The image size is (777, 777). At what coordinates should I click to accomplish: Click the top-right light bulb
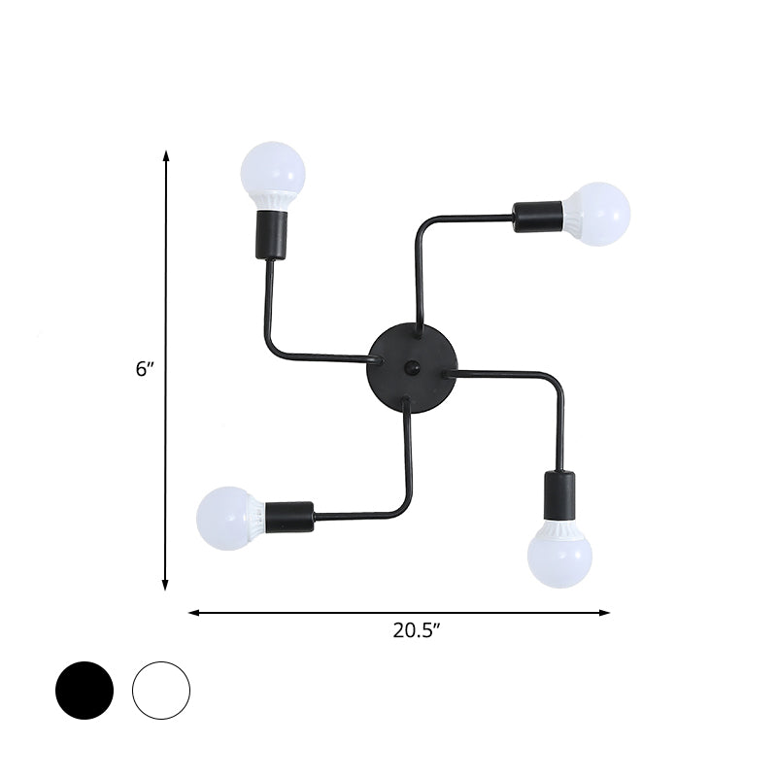[600, 213]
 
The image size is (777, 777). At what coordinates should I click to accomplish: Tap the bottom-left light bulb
[225, 516]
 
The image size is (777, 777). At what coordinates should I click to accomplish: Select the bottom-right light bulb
[559, 557]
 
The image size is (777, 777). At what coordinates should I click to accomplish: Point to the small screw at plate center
[411, 367]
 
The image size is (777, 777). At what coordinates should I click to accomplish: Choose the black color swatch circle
[84, 691]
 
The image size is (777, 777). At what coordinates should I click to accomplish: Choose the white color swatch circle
[161, 691]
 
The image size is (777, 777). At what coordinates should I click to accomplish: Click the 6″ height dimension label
[145, 369]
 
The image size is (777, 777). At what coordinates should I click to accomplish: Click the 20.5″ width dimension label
[417, 629]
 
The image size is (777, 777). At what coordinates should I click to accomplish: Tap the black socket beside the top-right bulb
[537, 215]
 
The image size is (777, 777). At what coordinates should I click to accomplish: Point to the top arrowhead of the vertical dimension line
[166, 154]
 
